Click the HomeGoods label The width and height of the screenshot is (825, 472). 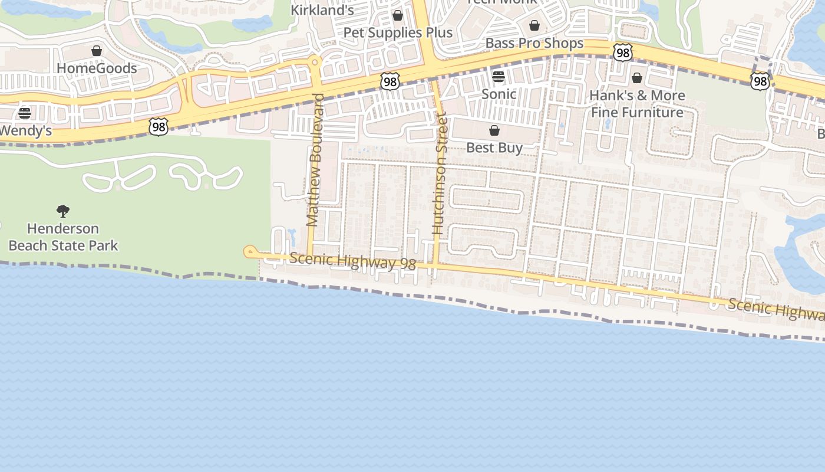(97, 68)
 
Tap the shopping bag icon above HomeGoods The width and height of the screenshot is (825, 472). (97, 51)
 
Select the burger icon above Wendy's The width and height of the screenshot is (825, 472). (24, 113)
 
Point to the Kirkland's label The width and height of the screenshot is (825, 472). (322, 10)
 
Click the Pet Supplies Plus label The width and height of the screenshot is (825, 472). (398, 32)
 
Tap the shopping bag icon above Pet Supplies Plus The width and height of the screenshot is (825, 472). (398, 15)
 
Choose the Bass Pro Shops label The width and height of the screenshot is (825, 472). (534, 43)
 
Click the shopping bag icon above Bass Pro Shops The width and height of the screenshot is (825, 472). (534, 25)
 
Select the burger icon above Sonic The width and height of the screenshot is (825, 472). (499, 77)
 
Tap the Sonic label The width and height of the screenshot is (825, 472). (499, 94)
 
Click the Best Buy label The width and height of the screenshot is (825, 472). (494, 147)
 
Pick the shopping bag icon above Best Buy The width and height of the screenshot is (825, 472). (494, 130)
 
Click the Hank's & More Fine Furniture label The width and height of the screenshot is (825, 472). (637, 104)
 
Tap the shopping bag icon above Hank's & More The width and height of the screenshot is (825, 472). (637, 78)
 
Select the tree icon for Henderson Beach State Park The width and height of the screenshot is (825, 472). (63, 211)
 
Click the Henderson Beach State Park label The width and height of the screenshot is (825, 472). (63, 237)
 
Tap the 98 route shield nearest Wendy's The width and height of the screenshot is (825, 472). (159, 126)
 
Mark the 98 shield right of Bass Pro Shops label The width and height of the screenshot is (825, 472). (622, 53)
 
